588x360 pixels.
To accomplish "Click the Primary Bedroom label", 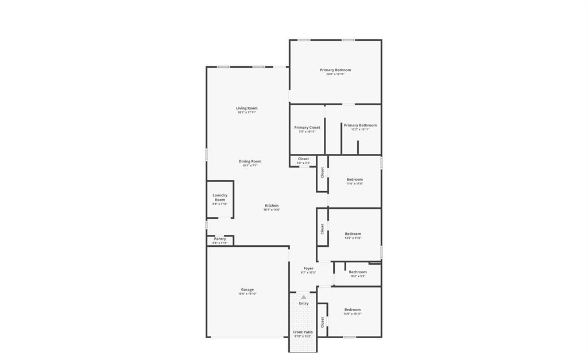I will point(335,70).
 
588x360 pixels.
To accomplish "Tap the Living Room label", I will point(247,108).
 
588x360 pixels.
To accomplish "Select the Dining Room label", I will point(250,161).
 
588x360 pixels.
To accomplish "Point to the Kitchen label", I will point(272,206).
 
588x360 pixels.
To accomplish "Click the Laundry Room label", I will point(220,198).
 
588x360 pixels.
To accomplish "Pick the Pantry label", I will point(220,239).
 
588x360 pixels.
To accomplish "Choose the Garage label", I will point(247,289).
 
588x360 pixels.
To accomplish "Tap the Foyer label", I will point(308,268).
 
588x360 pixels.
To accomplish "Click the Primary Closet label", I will point(307,127).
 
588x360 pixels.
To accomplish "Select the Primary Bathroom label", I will point(361,125).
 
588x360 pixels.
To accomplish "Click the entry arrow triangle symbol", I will point(304,297).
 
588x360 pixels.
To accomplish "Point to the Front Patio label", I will point(303,332).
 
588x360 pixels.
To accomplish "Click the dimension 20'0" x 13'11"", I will point(335,74).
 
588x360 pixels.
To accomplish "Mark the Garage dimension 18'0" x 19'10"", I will point(247,294).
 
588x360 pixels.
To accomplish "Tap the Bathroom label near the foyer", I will point(358,272).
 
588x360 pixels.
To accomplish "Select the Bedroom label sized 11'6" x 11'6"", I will point(354,180).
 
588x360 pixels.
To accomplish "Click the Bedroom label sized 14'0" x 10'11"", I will point(353,309).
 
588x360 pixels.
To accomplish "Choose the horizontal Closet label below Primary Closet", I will point(303,159).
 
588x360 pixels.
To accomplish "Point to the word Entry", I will point(304,303).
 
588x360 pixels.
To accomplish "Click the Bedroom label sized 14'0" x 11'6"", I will point(353,234).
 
